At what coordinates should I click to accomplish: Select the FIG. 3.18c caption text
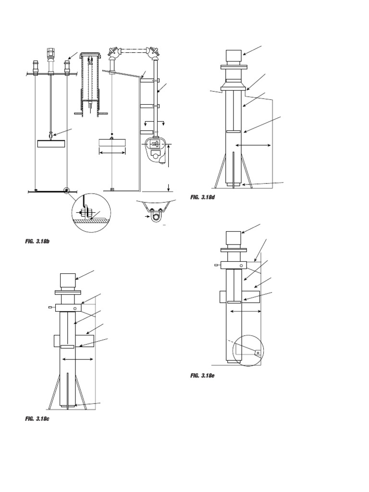(x=37, y=419)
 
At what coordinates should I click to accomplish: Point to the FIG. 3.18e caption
(x=202, y=375)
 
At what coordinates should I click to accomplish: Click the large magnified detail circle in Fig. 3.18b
(x=91, y=212)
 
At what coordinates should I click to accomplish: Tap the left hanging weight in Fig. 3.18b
(x=50, y=143)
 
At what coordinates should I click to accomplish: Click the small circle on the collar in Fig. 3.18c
(x=74, y=308)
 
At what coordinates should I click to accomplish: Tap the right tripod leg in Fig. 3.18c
(x=81, y=392)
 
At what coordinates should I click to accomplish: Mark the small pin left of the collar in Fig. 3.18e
(x=217, y=265)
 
